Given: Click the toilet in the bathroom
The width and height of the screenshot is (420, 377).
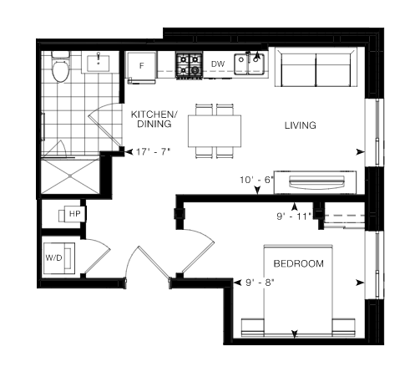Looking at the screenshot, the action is (x=61, y=68).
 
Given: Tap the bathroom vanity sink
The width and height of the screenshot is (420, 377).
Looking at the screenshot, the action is (x=99, y=64).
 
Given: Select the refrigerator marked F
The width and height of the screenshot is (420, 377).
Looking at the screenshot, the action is (x=142, y=66).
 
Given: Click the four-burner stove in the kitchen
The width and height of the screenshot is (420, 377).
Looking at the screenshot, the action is (x=189, y=66).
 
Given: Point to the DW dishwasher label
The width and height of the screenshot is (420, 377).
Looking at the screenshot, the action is (x=218, y=64).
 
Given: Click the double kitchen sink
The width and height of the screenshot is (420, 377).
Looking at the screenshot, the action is (x=249, y=64).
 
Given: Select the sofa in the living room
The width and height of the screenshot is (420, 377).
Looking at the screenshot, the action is (x=316, y=67).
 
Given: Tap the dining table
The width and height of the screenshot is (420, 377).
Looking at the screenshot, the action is (x=215, y=131).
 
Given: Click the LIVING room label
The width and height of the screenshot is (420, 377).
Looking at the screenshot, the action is (x=301, y=125).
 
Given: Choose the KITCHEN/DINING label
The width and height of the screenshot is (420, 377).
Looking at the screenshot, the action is (x=154, y=119).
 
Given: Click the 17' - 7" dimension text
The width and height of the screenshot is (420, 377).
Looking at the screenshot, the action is (x=153, y=152).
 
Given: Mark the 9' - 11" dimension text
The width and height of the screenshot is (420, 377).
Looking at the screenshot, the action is (x=294, y=217).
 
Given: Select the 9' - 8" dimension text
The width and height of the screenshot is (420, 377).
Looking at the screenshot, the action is (x=260, y=283).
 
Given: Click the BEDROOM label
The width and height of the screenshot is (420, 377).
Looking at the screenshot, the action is (x=299, y=263).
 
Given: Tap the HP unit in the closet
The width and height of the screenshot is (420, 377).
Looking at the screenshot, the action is (x=72, y=214).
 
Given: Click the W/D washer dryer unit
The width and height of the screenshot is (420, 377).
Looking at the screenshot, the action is (x=59, y=258).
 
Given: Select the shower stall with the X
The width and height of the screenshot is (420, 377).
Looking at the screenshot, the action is (x=70, y=176).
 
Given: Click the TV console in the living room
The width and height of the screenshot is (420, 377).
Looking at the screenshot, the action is (x=315, y=182).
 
